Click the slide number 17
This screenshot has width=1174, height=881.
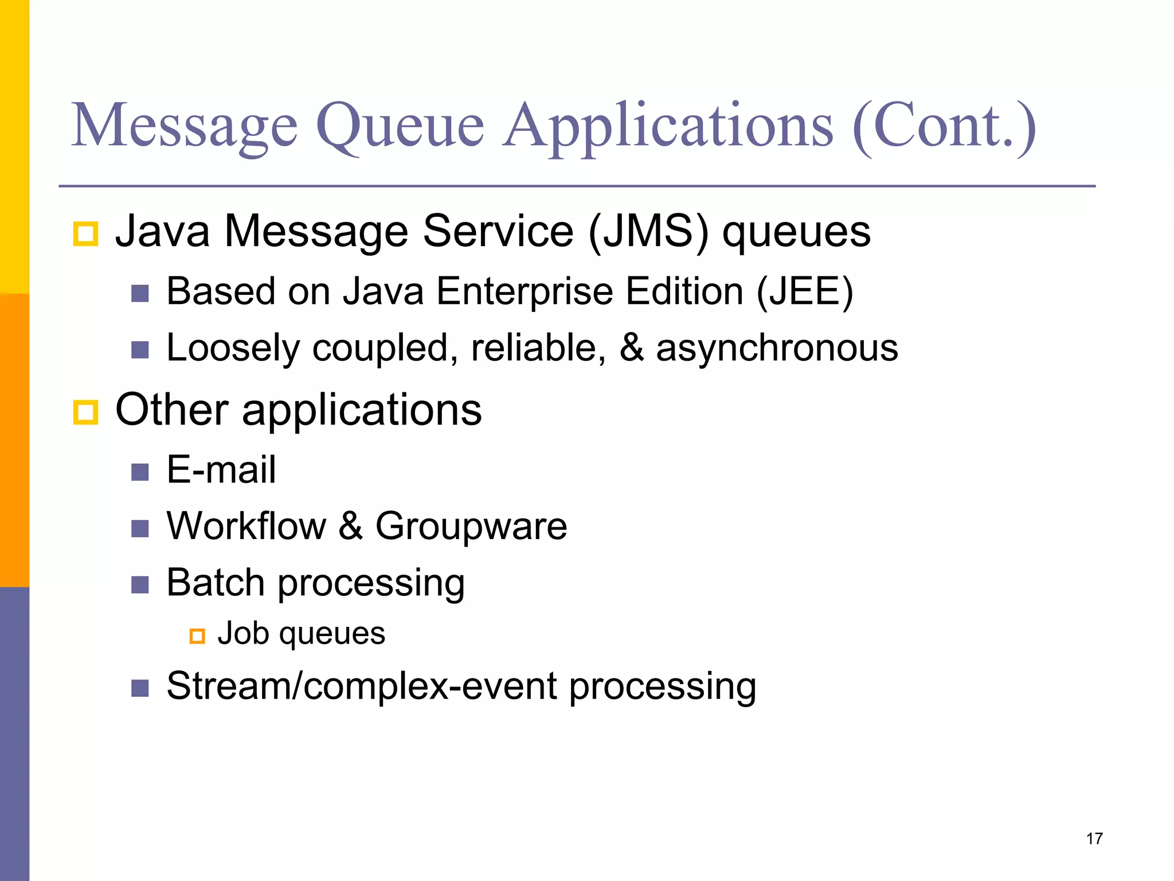tap(1094, 839)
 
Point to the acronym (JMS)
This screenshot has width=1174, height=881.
tap(648, 232)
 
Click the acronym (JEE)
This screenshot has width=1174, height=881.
tap(805, 291)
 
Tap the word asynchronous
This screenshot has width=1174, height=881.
tap(777, 348)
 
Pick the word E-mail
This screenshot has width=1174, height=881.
tap(221, 470)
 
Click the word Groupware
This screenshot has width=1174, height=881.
tap(471, 526)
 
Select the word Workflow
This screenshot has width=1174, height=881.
tap(246, 526)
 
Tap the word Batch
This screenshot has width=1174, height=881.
tap(216, 583)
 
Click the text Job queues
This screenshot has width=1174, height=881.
tap(301, 634)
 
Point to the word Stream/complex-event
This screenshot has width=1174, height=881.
tap(361, 686)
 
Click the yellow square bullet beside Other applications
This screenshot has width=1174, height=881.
tap(86, 412)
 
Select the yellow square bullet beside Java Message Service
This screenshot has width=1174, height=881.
tap(86, 234)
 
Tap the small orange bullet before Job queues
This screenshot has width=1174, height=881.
tap(197, 636)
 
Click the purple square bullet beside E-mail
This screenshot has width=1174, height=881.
tap(140, 472)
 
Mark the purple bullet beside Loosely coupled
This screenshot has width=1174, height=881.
tap(140, 350)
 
